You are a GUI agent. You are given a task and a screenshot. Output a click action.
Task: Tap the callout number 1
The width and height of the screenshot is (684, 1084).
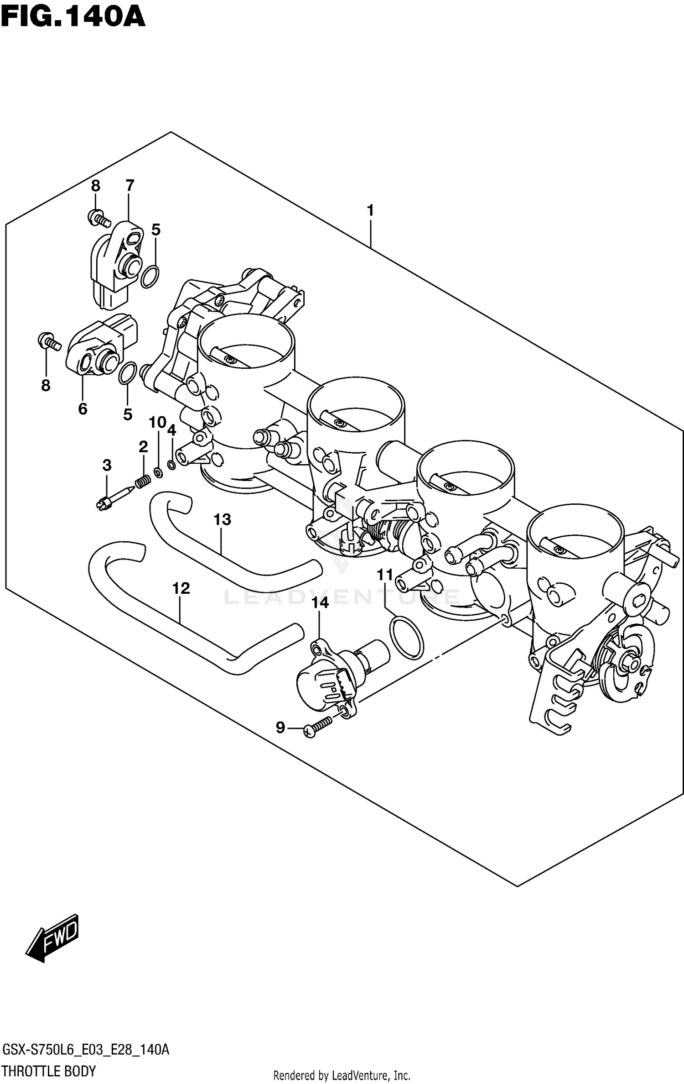[x=370, y=210]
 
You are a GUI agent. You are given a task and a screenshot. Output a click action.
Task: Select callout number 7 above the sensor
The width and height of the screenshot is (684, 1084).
[x=130, y=185]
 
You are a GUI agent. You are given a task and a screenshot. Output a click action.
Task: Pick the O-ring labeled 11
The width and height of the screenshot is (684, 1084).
[x=407, y=637]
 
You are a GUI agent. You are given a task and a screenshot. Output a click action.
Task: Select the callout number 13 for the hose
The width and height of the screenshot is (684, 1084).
[x=223, y=519]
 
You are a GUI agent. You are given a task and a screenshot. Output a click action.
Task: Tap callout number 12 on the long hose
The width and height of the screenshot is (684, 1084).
[x=181, y=588]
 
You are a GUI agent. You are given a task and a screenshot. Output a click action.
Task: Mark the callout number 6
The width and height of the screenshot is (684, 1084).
[x=83, y=408]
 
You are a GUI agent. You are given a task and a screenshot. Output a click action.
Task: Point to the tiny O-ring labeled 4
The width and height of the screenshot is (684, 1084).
[x=172, y=465]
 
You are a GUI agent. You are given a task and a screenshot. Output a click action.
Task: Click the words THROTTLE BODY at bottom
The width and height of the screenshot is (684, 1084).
[x=49, y=1072]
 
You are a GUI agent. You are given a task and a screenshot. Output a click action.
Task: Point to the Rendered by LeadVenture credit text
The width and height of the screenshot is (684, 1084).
[x=342, y=1075]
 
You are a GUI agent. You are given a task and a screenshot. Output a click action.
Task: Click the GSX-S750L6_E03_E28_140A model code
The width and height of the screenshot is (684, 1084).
[x=86, y=1049]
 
